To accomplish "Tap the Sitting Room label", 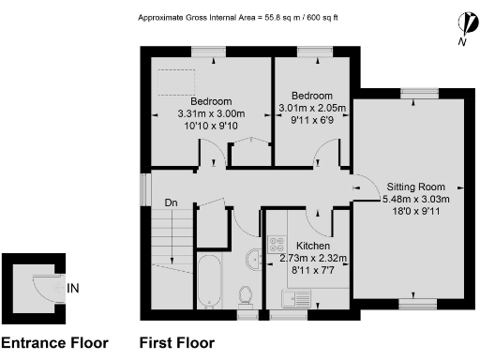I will (416, 186).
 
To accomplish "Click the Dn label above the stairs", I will (171, 202).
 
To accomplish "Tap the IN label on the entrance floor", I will (73, 290).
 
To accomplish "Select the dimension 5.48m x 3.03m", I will (416, 199).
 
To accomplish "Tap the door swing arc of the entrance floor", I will (41, 281).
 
